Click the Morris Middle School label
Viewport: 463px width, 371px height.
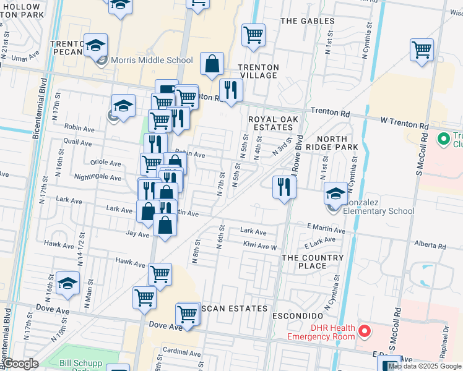[x=152, y=61]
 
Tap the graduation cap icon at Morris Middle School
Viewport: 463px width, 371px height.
[x=96, y=45]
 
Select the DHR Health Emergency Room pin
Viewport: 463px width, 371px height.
[x=364, y=331]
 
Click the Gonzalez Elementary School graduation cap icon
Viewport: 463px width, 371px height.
[x=335, y=194]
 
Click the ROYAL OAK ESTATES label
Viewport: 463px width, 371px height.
[x=273, y=124]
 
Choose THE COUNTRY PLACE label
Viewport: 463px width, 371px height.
[x=312, y=262]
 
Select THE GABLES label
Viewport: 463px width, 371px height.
[x=307, y=21]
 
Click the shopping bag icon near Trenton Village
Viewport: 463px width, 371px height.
[x=212, y=64]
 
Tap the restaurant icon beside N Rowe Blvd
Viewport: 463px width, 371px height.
[x=283, y=186]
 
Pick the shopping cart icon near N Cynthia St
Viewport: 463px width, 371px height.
[x=422, y=49]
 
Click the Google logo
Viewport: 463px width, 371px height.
[x=20, y=364]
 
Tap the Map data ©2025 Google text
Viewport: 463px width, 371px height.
[x=425, y=366]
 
